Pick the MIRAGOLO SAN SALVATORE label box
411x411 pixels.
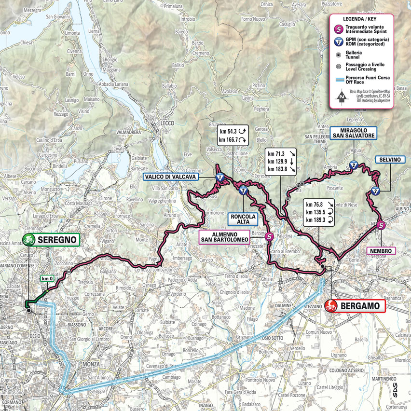coord(353,133)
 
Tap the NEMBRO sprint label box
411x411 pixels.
coord(381,251)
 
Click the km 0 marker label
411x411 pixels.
coord(47,278)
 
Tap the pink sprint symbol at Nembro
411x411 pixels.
coord(381,225)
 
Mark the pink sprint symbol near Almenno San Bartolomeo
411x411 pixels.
coord(269,236)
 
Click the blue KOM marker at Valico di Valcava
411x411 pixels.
coord(220,178)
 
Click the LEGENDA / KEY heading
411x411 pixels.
coord(360,19)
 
